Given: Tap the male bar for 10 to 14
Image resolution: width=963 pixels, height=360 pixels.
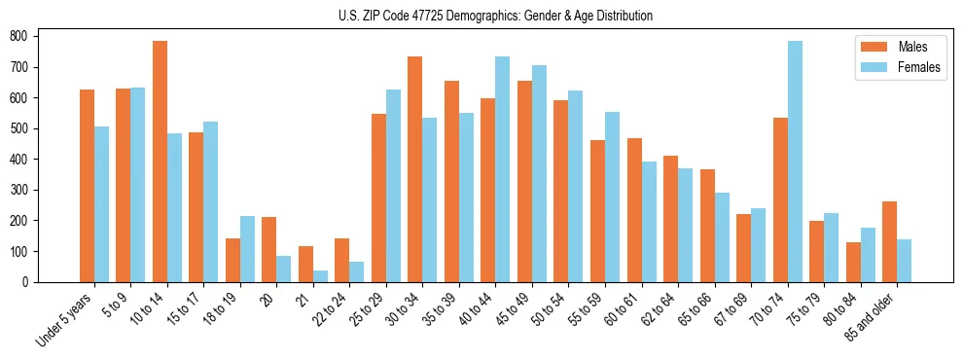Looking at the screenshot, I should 160,162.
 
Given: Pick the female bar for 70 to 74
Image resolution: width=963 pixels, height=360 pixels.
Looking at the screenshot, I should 795,162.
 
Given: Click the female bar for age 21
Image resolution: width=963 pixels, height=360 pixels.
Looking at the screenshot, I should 320,275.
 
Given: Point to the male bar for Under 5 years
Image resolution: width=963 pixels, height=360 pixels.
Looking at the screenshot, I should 87,186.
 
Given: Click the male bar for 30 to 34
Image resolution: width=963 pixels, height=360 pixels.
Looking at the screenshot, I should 415,169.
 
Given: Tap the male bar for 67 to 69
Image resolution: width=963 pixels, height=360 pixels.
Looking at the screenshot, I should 743,248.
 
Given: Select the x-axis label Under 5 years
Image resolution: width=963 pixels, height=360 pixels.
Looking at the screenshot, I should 64,320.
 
